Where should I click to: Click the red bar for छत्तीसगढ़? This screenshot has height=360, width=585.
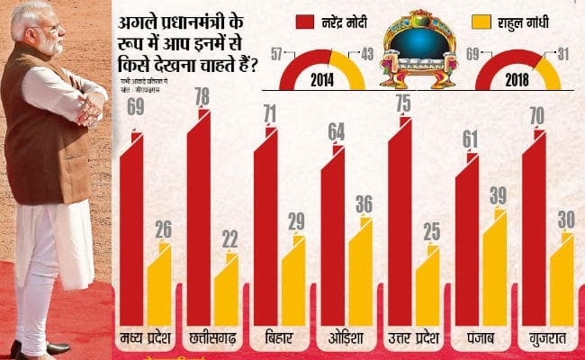199,225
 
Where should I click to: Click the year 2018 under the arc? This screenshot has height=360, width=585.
517,78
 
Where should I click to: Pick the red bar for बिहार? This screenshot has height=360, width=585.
265,234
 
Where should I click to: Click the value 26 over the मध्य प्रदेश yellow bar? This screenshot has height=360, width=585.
164,229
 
